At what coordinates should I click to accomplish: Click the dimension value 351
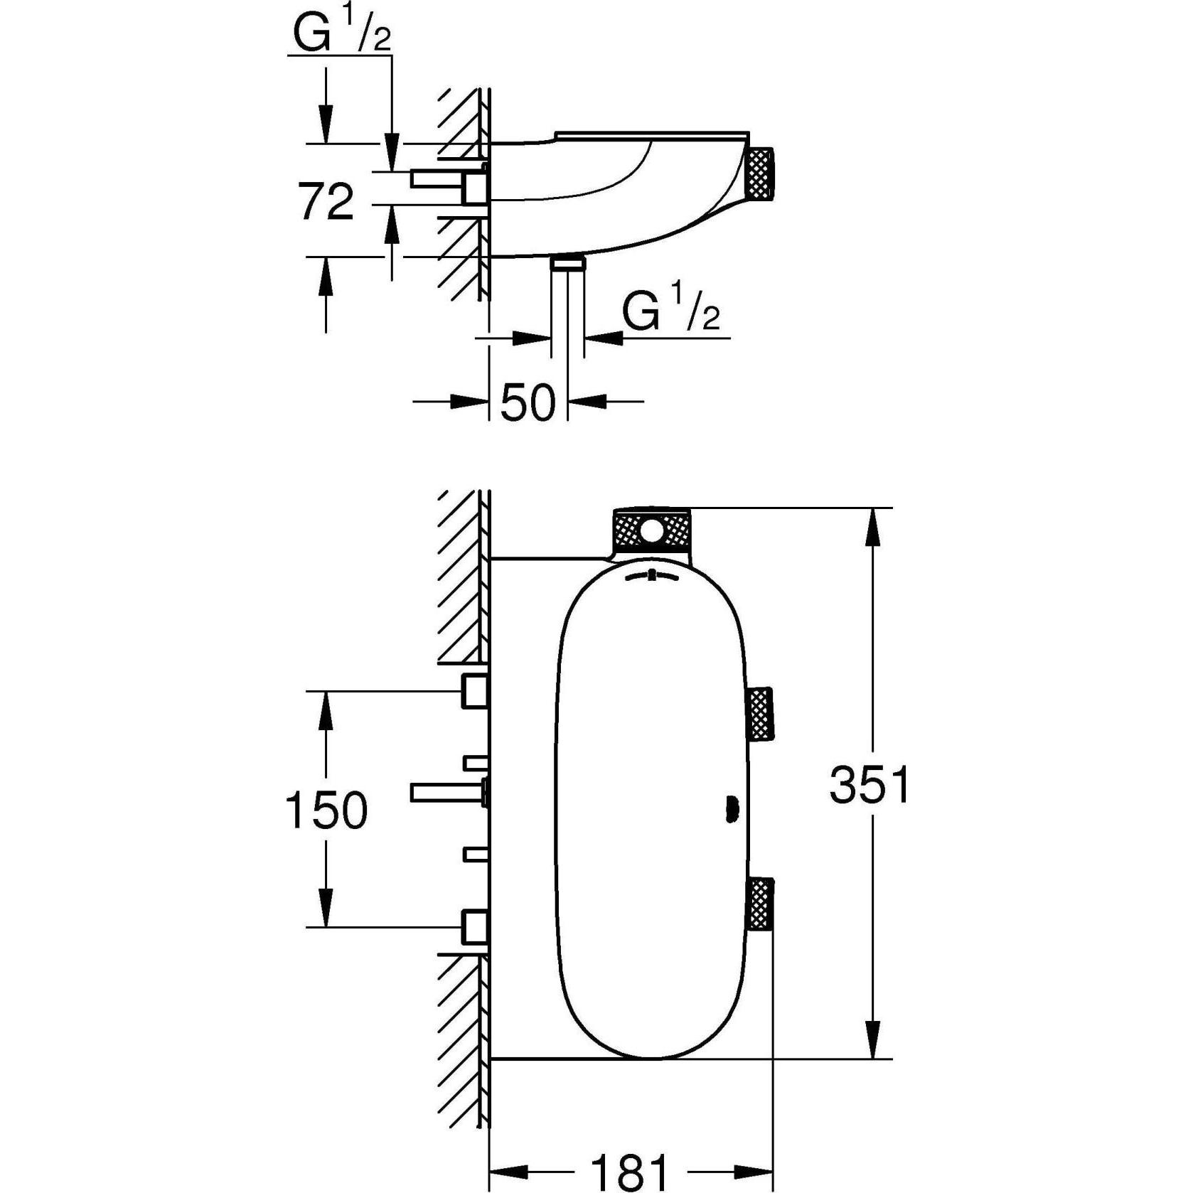click(870, 786)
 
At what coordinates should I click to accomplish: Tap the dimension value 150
click(326, 810)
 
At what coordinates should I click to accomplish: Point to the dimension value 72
click(326, 201)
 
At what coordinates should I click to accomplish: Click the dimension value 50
click(528, 403)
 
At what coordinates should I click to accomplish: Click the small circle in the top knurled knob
click(651, 530)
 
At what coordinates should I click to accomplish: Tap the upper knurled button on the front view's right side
click(760, 713)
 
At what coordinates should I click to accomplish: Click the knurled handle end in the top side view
click(760, 171)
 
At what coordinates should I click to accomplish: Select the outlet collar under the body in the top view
click(567, 264)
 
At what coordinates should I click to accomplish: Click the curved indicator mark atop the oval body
click(651, 577)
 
